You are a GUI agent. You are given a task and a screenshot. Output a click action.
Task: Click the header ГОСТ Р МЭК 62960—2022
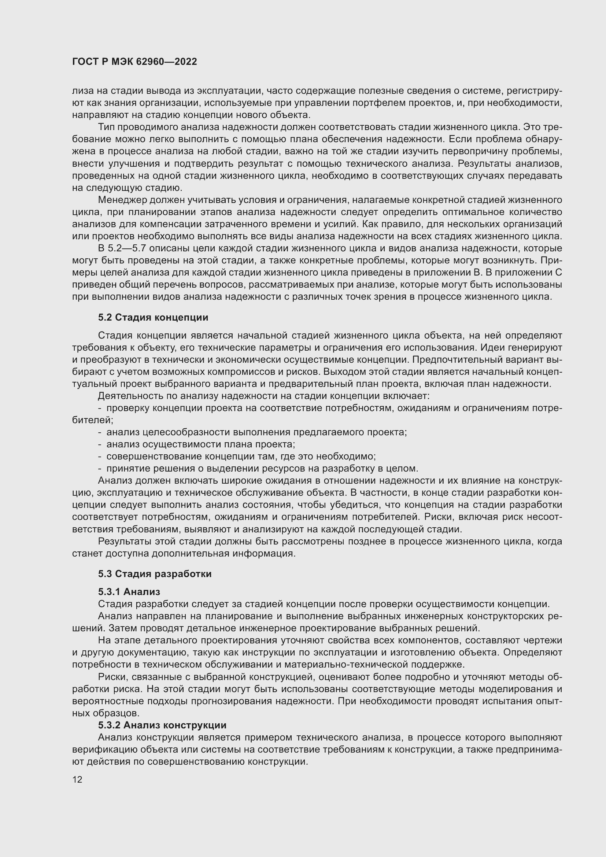tap(134, 62)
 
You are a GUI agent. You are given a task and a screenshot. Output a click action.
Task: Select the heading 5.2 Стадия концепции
tap(153, 318)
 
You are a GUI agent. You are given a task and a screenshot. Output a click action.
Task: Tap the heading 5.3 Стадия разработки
tap(155, 574)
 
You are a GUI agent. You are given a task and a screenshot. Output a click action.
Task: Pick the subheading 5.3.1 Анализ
tap(129, 592)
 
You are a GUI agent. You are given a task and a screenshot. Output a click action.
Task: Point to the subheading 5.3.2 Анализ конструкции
tap(162, 725)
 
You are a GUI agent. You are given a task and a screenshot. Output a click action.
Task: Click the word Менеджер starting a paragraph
tap(122, 200)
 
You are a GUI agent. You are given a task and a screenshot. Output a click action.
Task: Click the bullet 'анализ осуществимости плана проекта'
tap(200, 444)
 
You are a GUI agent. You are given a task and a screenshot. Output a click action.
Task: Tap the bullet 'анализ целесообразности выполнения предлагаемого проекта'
tap(256, 432)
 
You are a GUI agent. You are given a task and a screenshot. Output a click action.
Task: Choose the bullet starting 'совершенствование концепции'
tap(241, 457)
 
